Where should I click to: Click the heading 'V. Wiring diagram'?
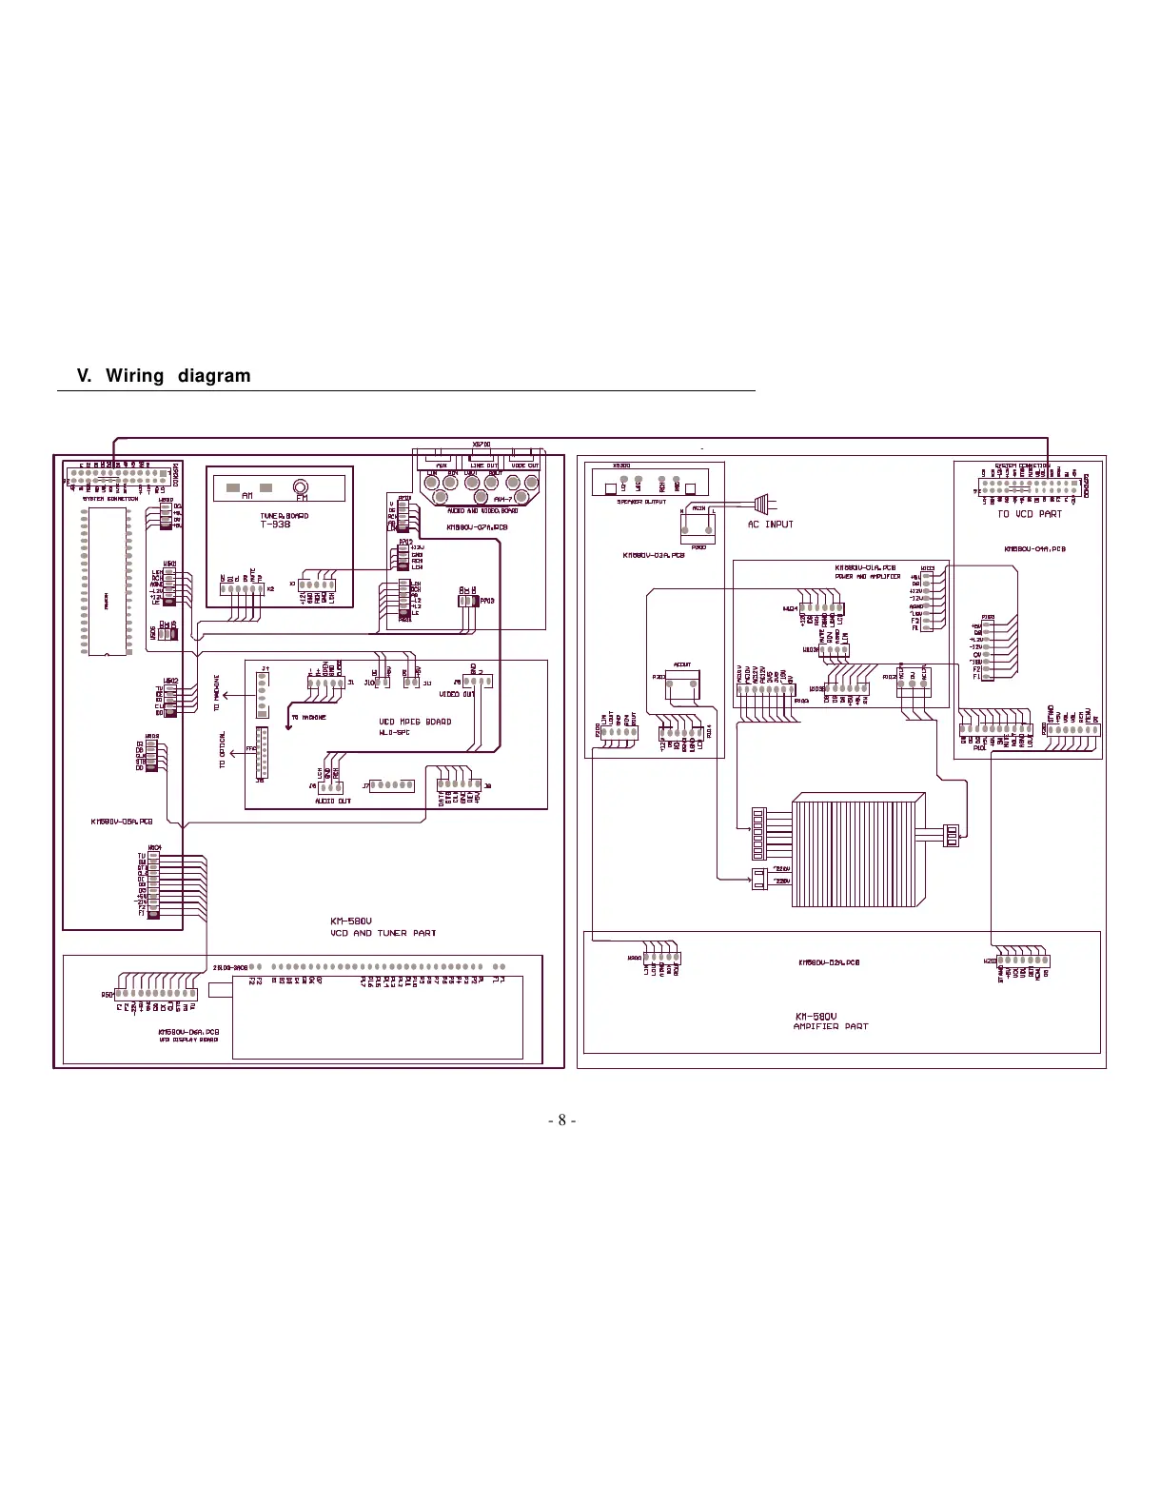pos(164,376)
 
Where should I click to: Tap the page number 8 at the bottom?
pos(561,1120)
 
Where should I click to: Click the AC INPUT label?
pos(770,525)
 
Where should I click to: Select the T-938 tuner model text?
pos(275,525)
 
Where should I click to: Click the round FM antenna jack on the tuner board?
pos(302,486)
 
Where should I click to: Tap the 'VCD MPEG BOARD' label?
pos(415,722)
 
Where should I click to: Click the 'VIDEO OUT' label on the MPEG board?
pos(456,694)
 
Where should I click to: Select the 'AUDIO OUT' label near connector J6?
pos(333,802)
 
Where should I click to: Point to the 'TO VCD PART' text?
pos(1030,514)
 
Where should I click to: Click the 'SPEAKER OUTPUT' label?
pos(641,502)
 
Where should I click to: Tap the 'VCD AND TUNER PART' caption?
pos(383,933)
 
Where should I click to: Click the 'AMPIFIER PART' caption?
pos(830,1027)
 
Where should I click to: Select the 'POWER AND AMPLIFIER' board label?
pos(867,577)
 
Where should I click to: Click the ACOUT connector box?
pos(682,679)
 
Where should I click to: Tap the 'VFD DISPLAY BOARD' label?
pos(187,1040)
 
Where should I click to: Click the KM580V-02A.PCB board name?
pos(829,962)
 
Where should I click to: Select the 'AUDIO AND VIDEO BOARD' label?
pos(482,511)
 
